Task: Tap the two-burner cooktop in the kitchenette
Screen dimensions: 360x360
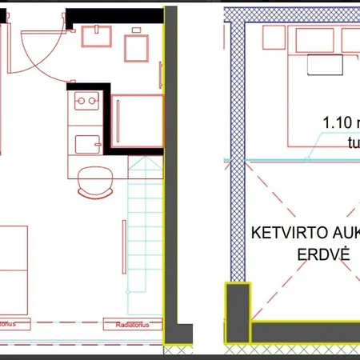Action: click(x=85, y=102)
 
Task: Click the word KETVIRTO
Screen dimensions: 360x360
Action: click(x=286, y=233)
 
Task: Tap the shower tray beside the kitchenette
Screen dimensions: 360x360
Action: click(x=136, y=121)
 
